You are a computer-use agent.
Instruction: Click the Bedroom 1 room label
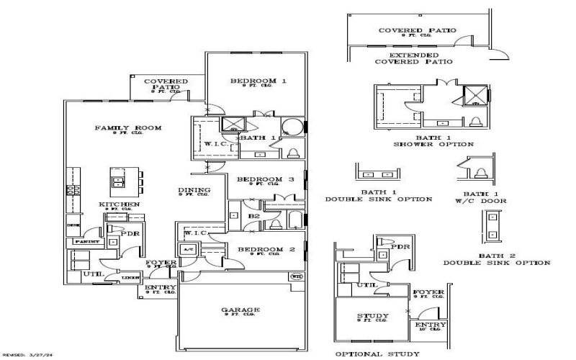(258, 81)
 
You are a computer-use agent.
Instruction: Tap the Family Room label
(128, 128)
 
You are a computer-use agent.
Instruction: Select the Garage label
(240, 310)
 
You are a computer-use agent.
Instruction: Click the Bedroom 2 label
(258, 249)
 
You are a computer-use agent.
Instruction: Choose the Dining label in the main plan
(194, 190)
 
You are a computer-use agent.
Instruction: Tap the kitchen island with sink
(117, 178)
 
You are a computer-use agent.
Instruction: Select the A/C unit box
(189, 249)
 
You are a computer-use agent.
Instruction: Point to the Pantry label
(80, 243)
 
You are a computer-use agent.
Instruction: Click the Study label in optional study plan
(373, 316)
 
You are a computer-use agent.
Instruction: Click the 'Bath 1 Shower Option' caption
(433, 140)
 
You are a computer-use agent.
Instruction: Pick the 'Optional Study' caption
(377, 354)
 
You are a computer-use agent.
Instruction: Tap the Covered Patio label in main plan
(166, 85)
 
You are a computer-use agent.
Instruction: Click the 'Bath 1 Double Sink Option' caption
(378, 195)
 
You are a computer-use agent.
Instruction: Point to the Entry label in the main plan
(160, 287)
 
